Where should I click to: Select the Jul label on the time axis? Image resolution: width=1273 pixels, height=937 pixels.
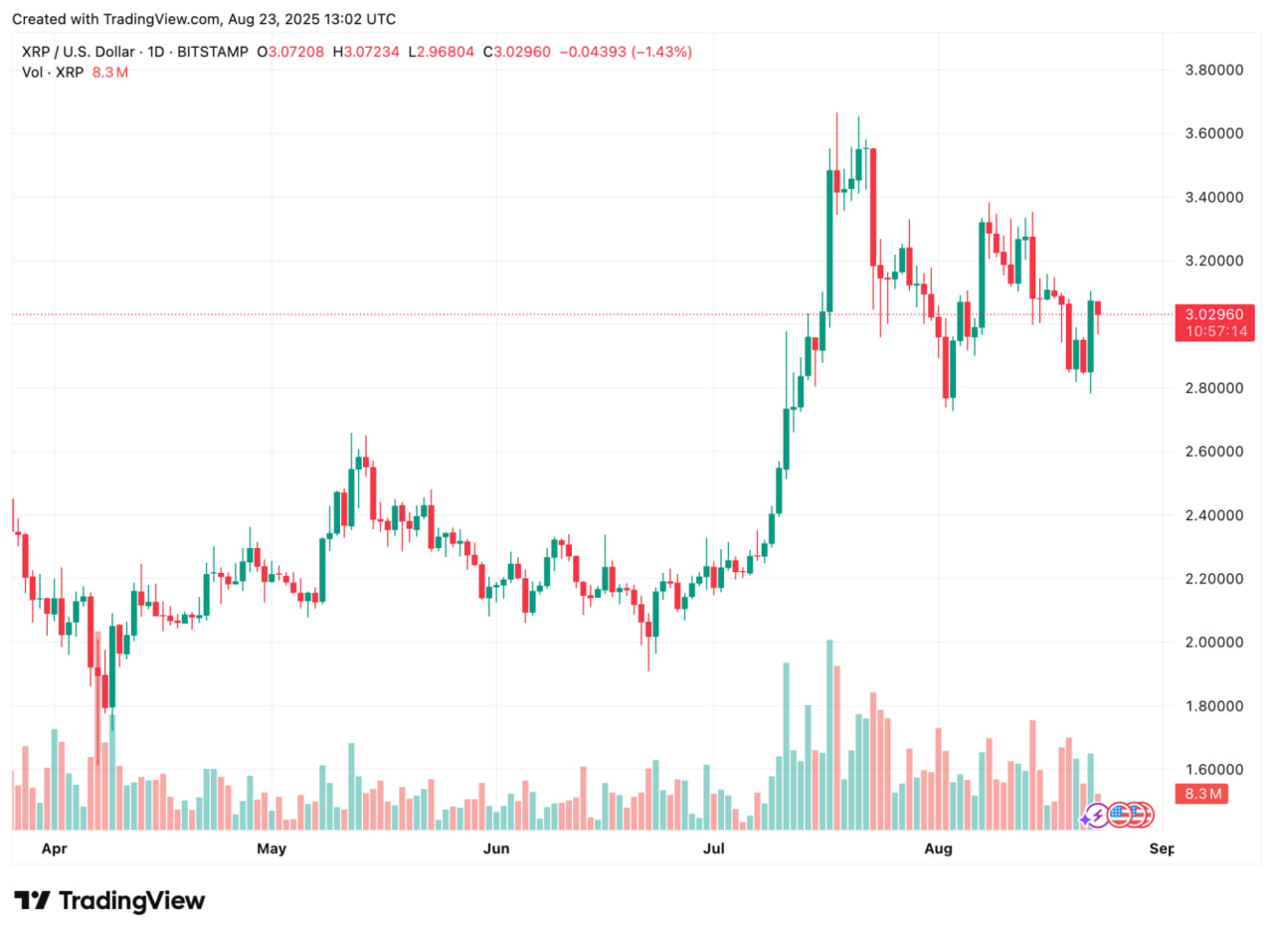tap(713, 848)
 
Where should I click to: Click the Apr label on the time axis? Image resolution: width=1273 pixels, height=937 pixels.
tap(55, 848)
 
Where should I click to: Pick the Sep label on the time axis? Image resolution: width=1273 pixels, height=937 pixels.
tap(1161, 848)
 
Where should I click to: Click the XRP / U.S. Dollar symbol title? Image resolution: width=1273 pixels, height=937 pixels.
tap(91, 51)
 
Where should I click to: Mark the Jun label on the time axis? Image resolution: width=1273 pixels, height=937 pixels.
tap(495, 848)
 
